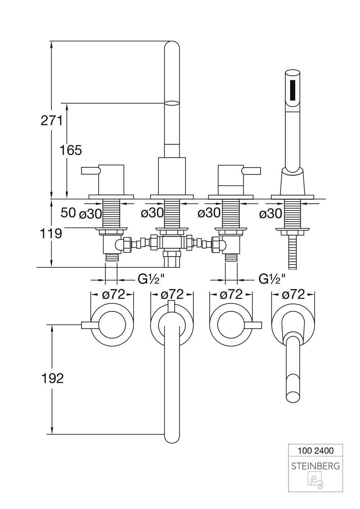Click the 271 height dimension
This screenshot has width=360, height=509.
51,121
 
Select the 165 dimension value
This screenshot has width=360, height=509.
71,150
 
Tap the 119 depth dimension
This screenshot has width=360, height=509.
51,233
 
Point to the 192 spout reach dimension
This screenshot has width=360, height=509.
52,378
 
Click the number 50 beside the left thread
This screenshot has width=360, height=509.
68,213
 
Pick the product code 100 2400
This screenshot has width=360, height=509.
316,450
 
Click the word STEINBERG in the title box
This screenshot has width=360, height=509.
315,466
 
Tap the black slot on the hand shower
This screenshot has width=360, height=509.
293,90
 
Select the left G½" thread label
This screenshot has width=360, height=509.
152,279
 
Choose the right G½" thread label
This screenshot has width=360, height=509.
272,279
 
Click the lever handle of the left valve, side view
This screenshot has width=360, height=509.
90,170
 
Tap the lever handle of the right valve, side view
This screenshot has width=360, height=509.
252,170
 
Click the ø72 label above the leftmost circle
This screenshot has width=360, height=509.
113,294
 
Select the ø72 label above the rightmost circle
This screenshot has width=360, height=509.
293,294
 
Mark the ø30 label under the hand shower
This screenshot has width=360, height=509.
270,213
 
